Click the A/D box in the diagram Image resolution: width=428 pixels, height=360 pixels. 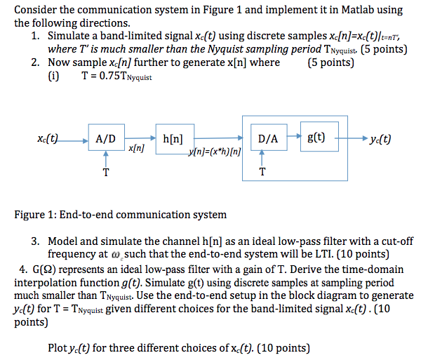click(105, 138)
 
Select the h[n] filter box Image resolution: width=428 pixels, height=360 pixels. click(173, 138)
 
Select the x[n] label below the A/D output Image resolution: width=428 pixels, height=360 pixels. click(137, 149)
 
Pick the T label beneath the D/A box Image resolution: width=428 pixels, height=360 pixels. click(262, 171)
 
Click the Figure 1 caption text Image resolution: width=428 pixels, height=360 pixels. click(120, 214)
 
